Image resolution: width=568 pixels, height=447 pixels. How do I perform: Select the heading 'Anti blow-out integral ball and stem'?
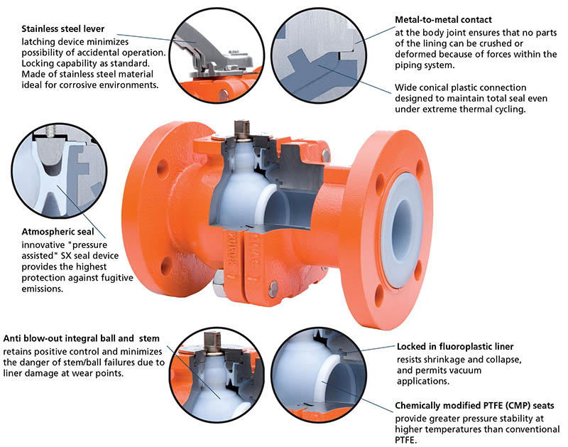click(82, 338)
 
